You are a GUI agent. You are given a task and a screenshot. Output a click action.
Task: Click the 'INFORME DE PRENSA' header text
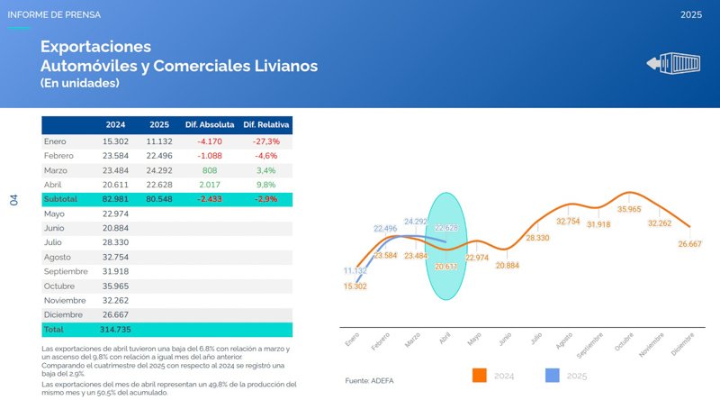click(x=54, y=15)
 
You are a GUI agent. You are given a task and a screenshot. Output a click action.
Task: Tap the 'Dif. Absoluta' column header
click(x=210, y=124)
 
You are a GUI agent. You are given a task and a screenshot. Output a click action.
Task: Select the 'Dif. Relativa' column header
click(x=267, y=124)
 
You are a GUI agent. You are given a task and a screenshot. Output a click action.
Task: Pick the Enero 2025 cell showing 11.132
click(x=158, y=141)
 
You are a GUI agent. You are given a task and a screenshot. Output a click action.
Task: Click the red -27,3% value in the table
click(x=267, y=141)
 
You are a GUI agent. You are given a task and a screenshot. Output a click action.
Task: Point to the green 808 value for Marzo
click(x=210, y=170)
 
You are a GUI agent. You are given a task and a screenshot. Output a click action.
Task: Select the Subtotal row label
click(x=61, y=199)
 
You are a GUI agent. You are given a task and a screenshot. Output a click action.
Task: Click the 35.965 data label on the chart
click(x=629, y=209)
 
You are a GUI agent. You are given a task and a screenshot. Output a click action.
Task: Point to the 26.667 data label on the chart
click(x=690, y=243)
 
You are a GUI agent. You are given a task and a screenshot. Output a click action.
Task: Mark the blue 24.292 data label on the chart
click(x=416, y=221)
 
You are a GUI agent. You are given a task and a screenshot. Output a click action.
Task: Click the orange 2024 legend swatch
click(x=480, y=375)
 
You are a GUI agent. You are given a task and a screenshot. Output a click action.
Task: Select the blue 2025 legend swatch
click(x=553, y=375)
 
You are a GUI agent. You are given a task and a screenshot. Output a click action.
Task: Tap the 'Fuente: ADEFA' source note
click(x=371, y=381)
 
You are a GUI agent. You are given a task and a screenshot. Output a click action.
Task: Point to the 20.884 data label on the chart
click(x=507, y=266)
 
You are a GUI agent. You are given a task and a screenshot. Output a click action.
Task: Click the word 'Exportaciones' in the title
click(x=95, y=47)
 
